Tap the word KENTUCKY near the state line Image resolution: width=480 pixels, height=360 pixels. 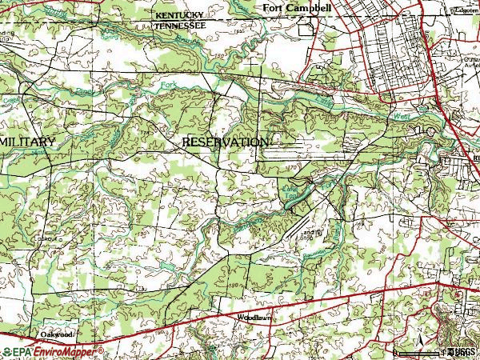pos(180,15)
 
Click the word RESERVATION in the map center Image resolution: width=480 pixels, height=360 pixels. pos(225,142)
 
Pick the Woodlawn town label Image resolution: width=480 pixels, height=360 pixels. pos(255,318)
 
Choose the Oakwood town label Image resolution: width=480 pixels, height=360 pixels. pos(57,334)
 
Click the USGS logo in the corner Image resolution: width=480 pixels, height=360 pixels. pos(462,351)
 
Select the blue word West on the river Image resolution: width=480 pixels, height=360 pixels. pos(399,118)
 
